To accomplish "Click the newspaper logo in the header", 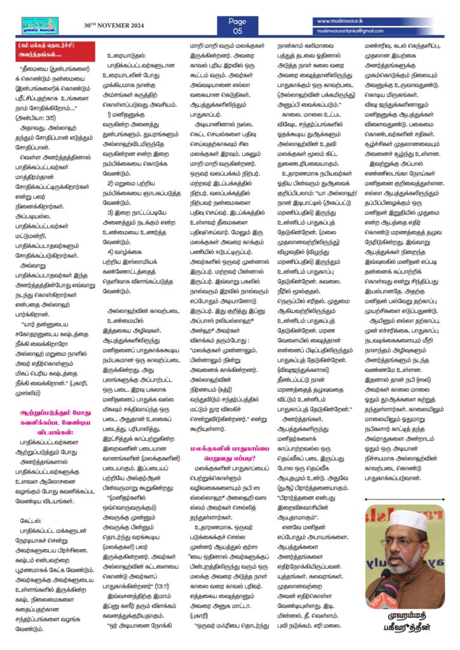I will click(x=40, y=25).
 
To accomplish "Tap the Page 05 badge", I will click(x=237, y=25).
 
